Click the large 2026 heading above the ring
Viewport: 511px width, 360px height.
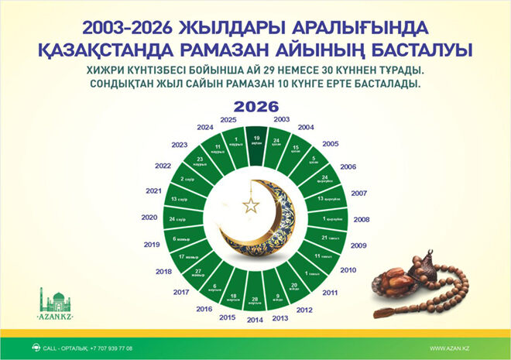(255, 106)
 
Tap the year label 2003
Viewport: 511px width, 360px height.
(282, 119)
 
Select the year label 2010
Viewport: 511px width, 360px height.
(348, 269)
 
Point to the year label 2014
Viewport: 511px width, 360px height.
(255, 318)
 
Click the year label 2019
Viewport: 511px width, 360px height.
(153, 244)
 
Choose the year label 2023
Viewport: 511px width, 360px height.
(180, 145)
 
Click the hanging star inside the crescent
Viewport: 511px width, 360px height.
(250, 205)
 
